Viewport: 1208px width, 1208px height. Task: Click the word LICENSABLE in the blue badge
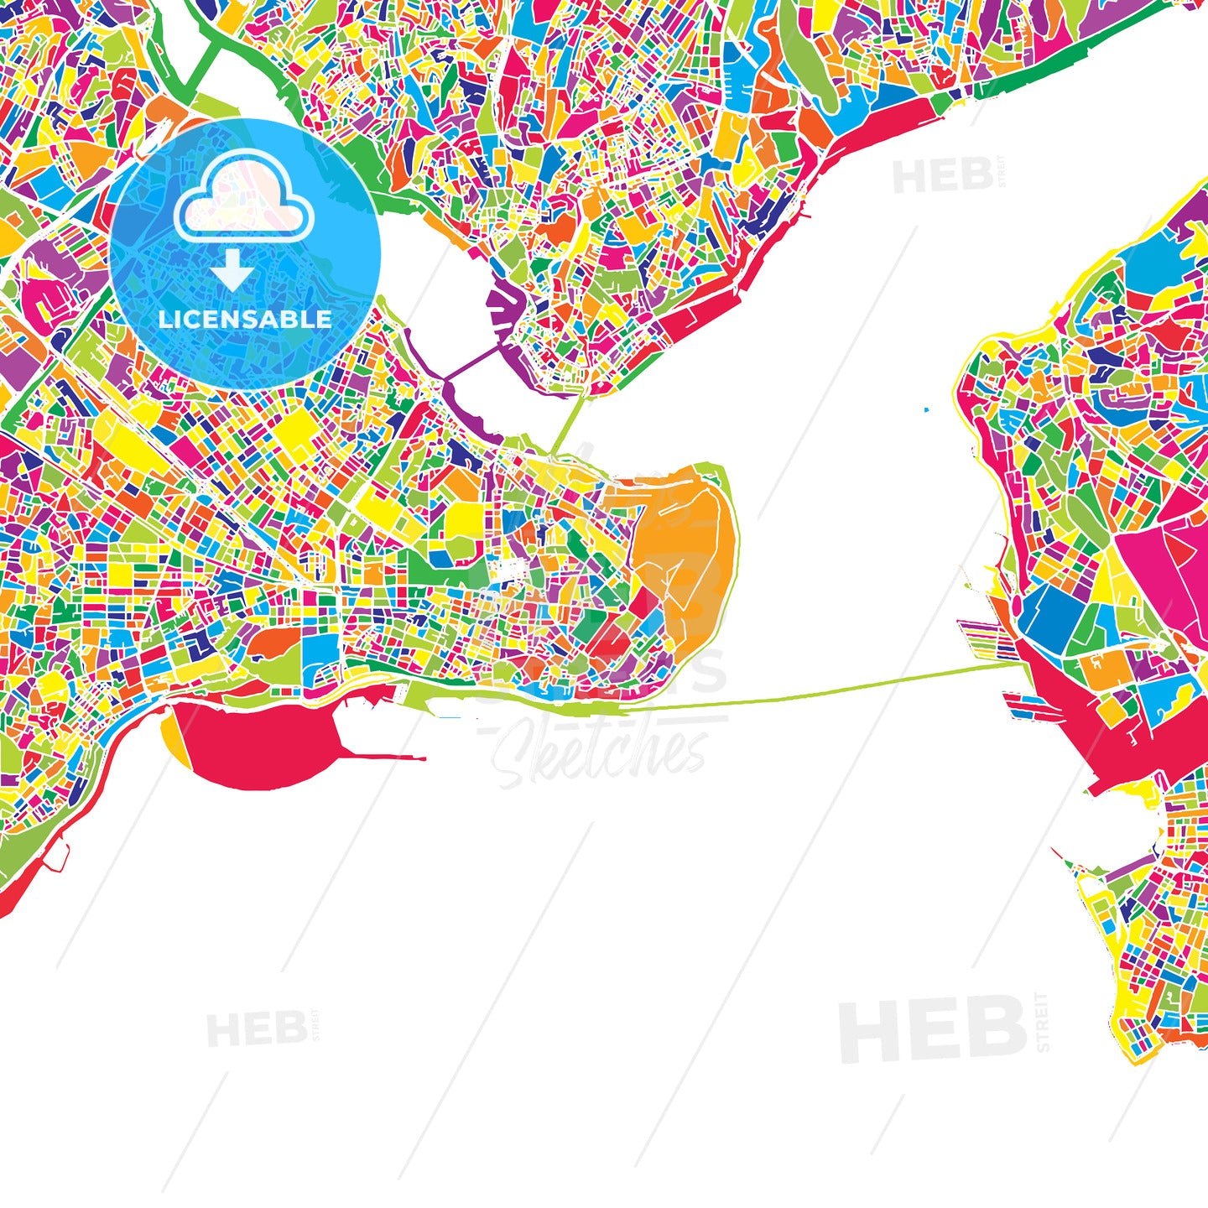(x=245, y=320)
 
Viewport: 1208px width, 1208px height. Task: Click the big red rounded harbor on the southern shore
(x=260, y=742)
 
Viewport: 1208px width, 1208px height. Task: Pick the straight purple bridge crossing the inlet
(x=470, y=363)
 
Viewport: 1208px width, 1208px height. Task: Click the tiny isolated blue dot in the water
(x=926, y=410)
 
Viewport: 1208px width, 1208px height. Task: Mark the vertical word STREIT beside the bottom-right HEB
(x=1043, y=1022)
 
